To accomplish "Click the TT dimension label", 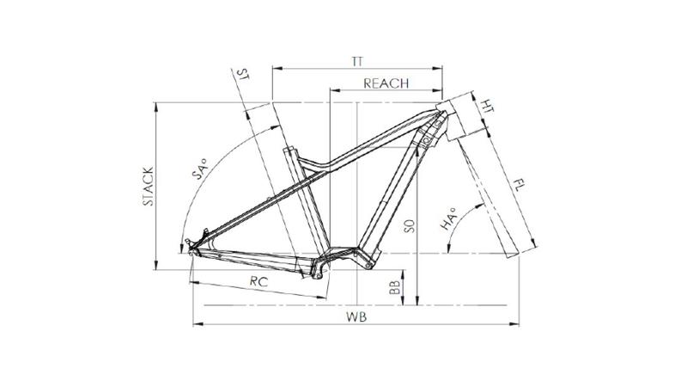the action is click(357, 61).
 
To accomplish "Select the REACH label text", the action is click(386, 83).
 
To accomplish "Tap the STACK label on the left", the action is click(149, 186).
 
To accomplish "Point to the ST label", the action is click(242, 74).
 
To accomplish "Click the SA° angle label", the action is click(199, 169).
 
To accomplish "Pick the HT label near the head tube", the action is click(487, 106).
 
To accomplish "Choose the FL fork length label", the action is click(519, 185).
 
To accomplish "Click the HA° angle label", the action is click(447, 219).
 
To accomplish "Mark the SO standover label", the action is click(410, 226).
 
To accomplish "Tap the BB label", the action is click(395, 287).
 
